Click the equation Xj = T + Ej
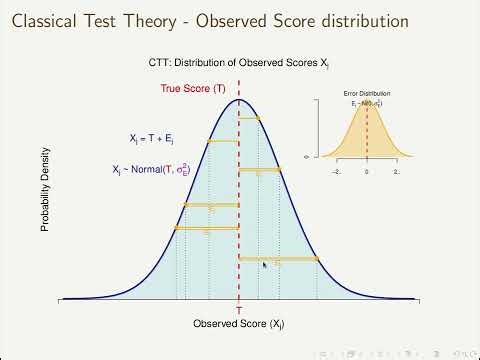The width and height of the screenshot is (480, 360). click(154, 140)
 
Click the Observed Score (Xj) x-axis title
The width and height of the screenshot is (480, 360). click(238, 324)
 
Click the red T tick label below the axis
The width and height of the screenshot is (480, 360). click(238, 310)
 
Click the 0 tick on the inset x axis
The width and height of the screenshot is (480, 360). click(367, 171)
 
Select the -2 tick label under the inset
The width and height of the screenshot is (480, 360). click(337, 171)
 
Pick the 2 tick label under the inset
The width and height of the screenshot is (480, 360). click(396, 171)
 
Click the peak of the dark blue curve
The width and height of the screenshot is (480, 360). click(238, 100)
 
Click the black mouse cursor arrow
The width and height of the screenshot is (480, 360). click(265, 265)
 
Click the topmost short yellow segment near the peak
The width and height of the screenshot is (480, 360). click(249, 118)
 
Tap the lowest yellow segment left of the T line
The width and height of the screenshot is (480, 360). click(206, 228)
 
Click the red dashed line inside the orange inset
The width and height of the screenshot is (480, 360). click(367, 130)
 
